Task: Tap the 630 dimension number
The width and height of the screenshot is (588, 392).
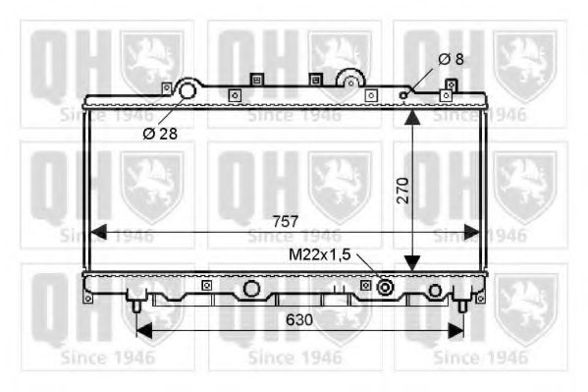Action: tap(300, 319)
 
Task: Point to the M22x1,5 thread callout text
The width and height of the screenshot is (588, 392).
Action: tap(319, 253)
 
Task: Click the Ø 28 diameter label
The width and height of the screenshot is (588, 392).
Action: tap(160, 134)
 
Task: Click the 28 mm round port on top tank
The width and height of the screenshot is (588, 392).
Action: tap(187, 91)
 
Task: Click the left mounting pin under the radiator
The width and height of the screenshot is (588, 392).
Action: tap(135, 304)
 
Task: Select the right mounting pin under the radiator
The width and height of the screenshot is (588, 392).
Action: tap(462, 304)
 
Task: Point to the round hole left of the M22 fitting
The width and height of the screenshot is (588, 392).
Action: tap(252, 289)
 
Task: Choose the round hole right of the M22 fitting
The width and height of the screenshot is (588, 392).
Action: tap(435, 290)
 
